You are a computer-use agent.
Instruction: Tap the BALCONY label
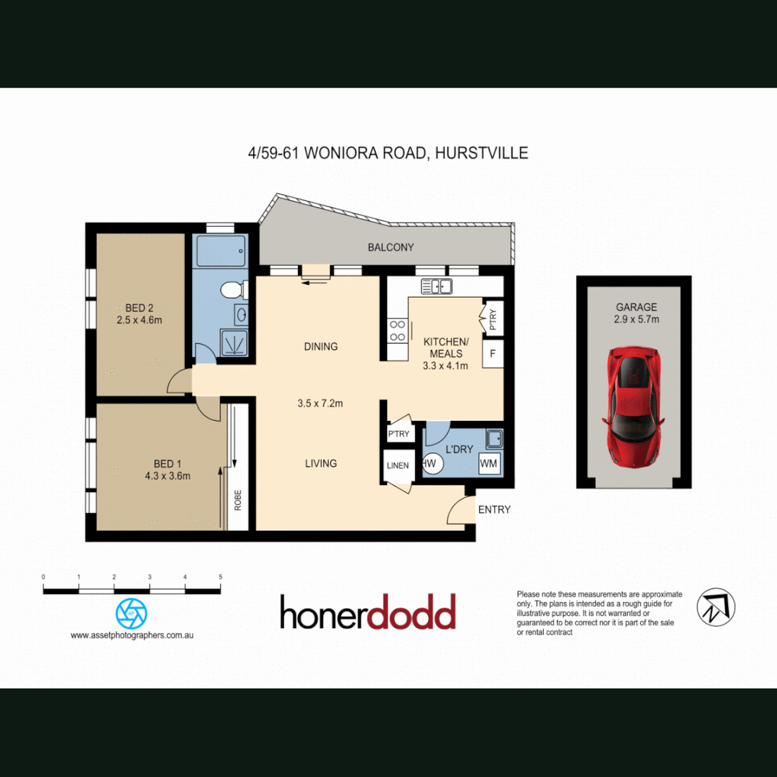[x=391, y=247]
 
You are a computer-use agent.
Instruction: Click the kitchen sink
[x=436, y=286]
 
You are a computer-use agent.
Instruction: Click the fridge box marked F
[x=493, y=354]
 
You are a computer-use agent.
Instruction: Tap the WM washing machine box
[x=489, y=463]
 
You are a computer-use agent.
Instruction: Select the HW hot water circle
[x=430, y=463]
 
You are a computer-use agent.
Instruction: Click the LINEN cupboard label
[x=397, y=465]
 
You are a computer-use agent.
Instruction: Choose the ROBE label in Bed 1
[x=238, y=500]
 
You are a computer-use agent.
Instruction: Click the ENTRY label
[x=494, y=509]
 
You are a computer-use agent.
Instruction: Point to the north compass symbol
[x=716, y=606]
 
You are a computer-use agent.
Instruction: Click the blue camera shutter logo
[x=132, y=614]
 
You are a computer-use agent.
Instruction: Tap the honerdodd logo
[x=368, y=612]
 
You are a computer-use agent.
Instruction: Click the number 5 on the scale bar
[x=220, y=577]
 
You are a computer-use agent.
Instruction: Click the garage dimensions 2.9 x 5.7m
[x=636, y=319]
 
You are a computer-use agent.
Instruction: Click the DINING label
[x=320, y=346]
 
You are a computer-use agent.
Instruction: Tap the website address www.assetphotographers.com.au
[x=132, y=635]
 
